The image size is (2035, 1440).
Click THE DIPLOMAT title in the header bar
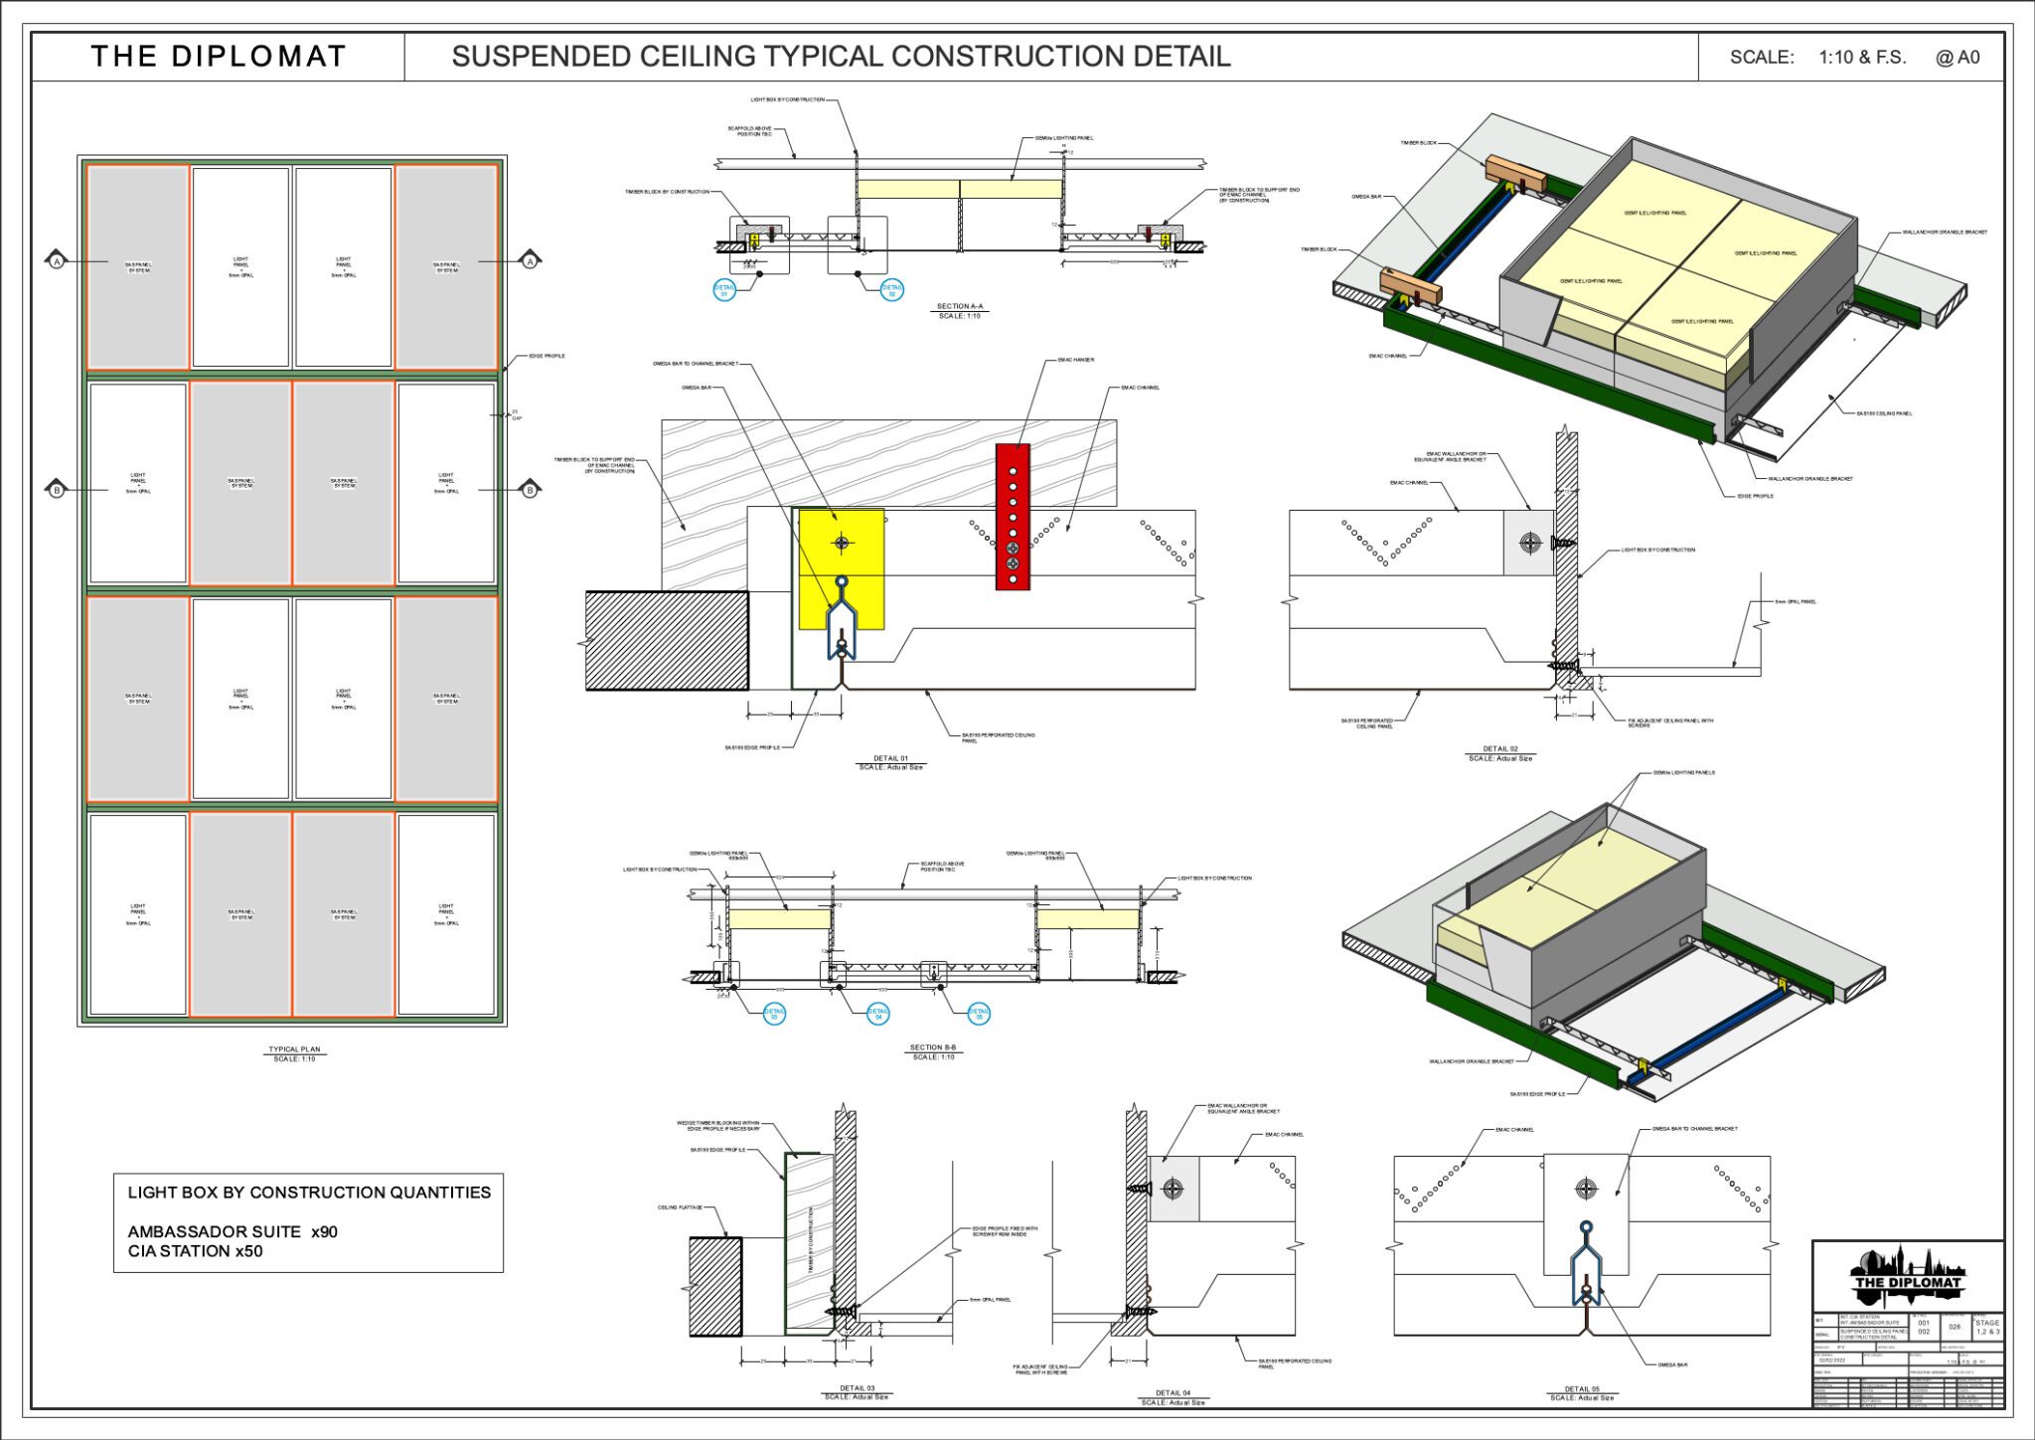click(x=219, y=57)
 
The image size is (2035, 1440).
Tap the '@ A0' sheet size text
click(x=1957, y=58)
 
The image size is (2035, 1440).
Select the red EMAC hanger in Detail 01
click(x=1013, y=517)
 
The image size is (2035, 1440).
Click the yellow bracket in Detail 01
click(x=841, y=568)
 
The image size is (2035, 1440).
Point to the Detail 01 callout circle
click(x=724, y=290)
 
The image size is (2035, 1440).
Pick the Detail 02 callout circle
click(x=891, y=290)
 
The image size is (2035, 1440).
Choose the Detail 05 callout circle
click(x=979, y=1013)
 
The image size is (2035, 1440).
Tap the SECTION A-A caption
click(x=960, y=307)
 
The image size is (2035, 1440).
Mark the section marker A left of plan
click(x=57, y=261)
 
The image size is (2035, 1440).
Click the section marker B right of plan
click(x=530, y=490)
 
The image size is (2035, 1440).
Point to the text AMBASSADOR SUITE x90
click(x=233, y=1231)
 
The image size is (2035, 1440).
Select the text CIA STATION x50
click(x=195, y=1251)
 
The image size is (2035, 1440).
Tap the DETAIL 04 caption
click(x=1173, y=1393)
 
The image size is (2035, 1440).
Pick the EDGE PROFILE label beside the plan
click(x=547, y=356)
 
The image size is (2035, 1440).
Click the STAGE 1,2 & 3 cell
click(x=1986, y=1327)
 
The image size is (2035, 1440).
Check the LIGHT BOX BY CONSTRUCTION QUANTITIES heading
click(x=309, y=1193)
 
